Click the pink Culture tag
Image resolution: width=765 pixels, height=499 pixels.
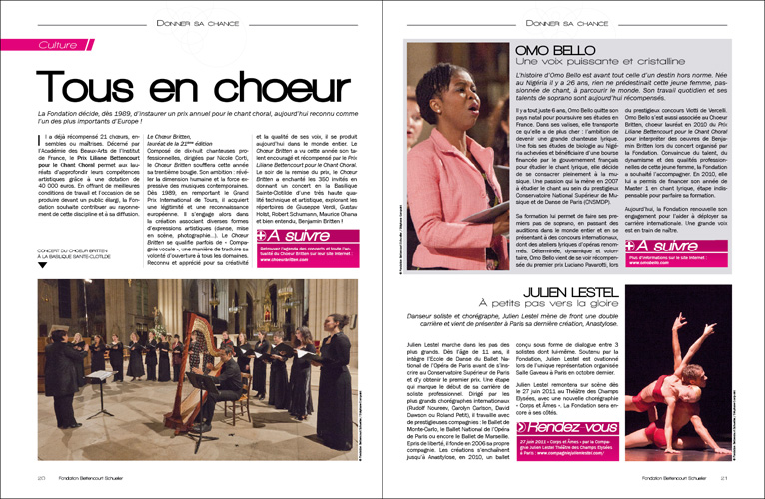click(55, 46)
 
